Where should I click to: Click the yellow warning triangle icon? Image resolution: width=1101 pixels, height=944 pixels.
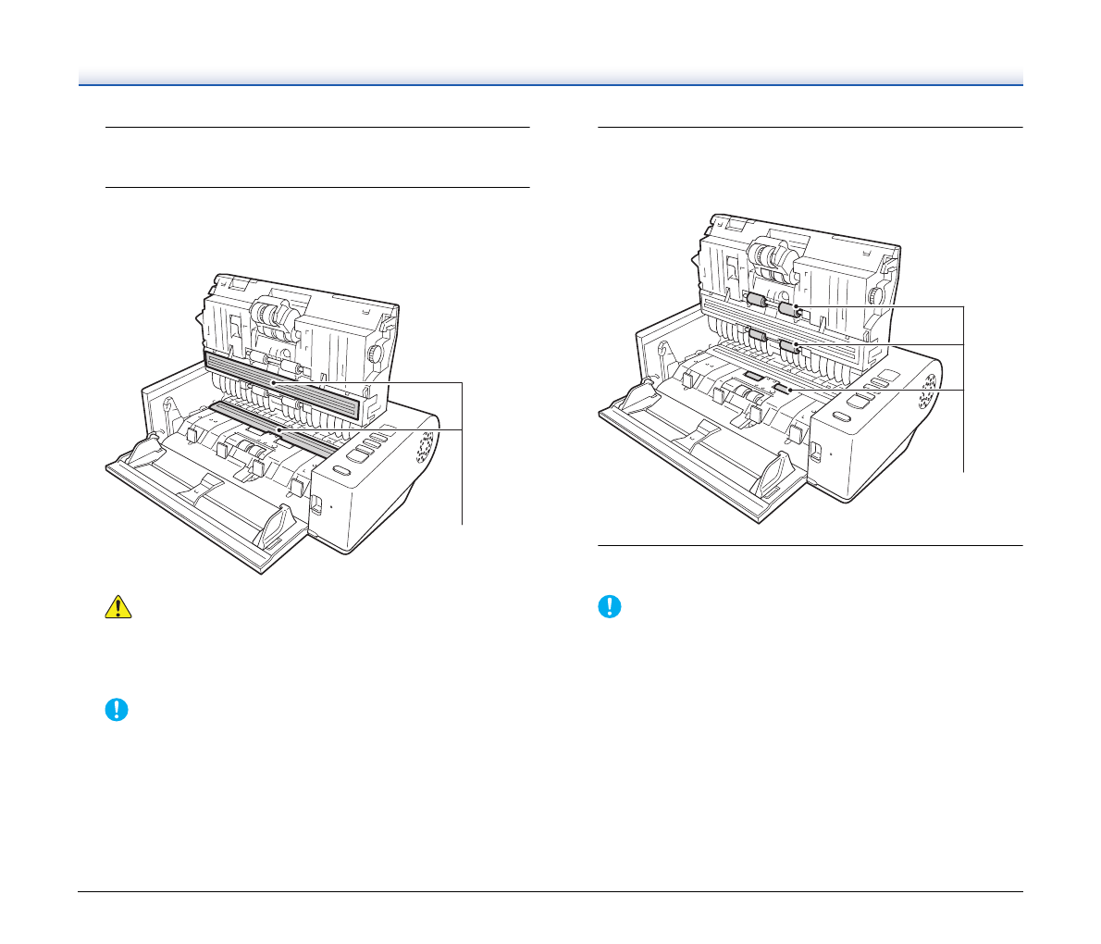(117, 606)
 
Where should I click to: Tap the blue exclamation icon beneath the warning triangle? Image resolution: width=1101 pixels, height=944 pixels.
(117, 710)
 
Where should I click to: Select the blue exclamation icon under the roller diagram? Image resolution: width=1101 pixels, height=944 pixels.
(610, 606)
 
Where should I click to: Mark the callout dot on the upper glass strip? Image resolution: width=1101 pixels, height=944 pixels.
(273, 380)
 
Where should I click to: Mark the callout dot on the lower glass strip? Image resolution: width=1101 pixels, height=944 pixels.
(277, 430)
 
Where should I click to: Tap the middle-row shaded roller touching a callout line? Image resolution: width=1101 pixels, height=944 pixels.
(788, 347)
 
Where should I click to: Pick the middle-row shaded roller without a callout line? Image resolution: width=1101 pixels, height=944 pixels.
(758, 335)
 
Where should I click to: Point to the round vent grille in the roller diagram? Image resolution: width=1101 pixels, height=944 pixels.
(926, 391)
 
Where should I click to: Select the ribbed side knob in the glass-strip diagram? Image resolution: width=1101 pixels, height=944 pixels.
(376, 354)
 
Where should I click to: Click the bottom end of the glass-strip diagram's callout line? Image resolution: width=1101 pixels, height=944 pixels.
(462, 524)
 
